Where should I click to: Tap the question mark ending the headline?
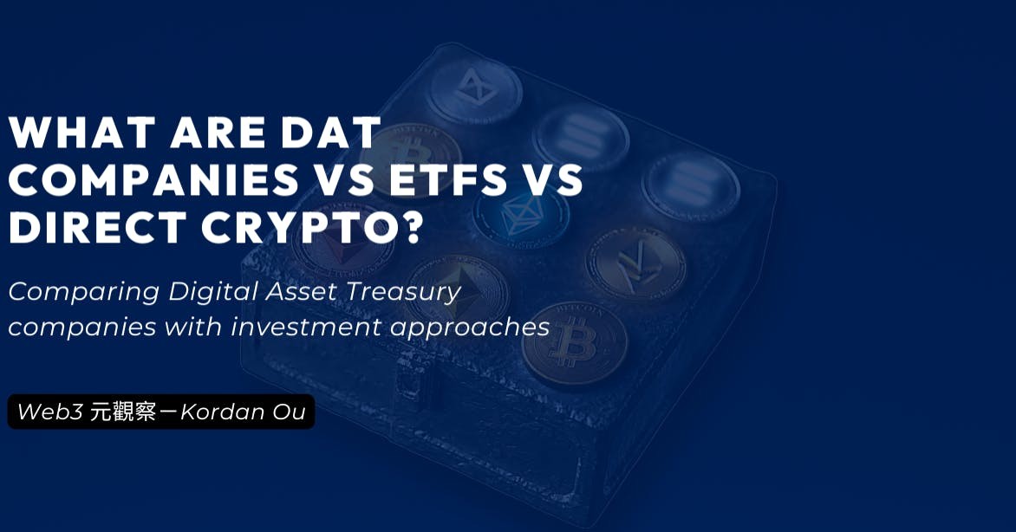[409, 228]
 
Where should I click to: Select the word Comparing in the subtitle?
[83, 292]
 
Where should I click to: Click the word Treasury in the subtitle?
[402, 292]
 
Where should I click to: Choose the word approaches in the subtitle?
[470, 328]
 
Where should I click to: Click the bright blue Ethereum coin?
[522, 215]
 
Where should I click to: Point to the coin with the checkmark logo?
[635, 263]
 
